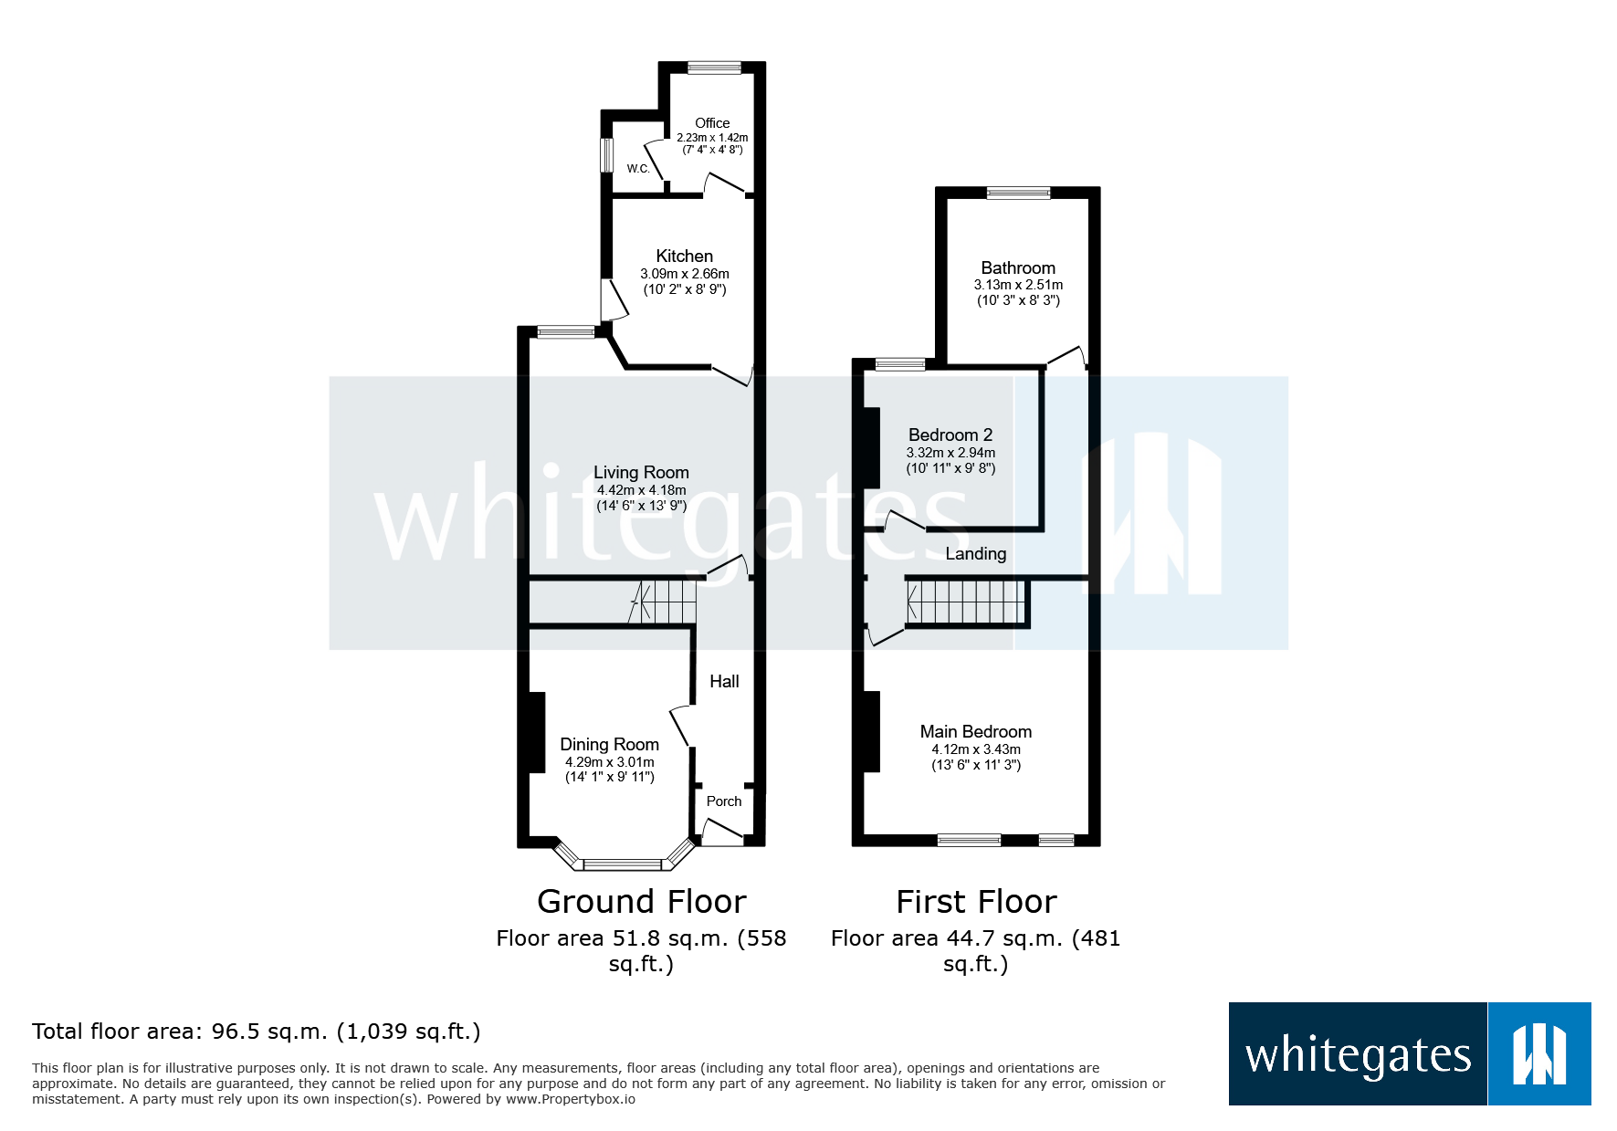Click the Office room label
coord(711,123)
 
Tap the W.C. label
coord(637,169)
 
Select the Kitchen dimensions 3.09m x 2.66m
coord(684,274)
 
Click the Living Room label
coord(641,472)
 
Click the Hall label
coord(724,681)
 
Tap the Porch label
coord(724,801)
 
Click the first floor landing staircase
coord(966,602)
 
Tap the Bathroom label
coord(1017,267)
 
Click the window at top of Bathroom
coord(1018,193)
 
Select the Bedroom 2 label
coord(950,435)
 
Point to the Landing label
coord(975,553)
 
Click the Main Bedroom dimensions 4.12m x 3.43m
coord(975,749)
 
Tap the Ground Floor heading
coord(641,902)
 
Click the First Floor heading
coord(975,902)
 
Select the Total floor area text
coord(256,1032)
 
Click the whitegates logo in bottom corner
coord(1409,1054)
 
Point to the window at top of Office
coord(714,68)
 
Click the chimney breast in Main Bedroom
coord(870,731)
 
